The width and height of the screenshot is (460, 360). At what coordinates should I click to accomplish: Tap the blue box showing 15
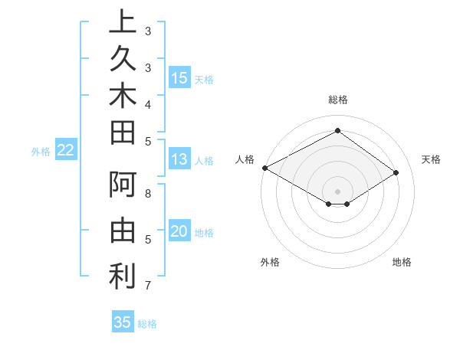(179, 78)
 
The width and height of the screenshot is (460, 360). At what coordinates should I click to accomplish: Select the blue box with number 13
(179, 159)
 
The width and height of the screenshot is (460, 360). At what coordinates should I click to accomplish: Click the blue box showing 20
(179, 232)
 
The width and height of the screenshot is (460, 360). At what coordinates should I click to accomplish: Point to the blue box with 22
(66, 151)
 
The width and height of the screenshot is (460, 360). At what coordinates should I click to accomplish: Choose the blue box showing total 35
(123, 322)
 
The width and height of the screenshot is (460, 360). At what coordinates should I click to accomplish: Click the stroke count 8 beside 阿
(148, 193)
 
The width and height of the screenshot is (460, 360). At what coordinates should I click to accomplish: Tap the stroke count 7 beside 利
(147, 286)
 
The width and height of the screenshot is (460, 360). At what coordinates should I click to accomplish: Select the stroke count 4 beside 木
(147, 103)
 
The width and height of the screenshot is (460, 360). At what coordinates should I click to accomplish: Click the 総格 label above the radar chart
(337, 100)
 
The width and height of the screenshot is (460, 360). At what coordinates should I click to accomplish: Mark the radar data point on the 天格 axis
(396, 173)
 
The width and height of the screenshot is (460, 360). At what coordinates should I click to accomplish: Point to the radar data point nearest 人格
(264, 168)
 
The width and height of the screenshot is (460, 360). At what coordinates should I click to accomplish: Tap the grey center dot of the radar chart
(337, 191)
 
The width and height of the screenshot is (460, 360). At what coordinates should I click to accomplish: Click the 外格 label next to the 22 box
(40, 152)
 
